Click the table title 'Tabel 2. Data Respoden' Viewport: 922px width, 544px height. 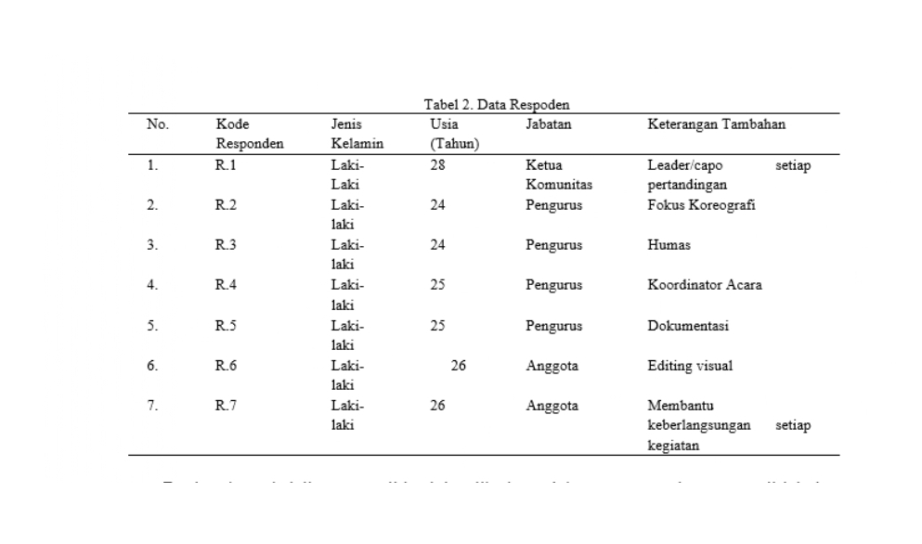point(496,106)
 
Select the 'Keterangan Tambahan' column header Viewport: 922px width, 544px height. point(716,124)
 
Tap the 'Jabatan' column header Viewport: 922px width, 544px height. point(548,124)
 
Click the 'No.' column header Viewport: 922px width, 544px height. point(157,124)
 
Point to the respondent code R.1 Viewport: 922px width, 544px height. point(226,165)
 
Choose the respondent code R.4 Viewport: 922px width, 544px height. point(226,285)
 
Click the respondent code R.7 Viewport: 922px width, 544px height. point(226,406)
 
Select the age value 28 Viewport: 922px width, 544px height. point(437,165)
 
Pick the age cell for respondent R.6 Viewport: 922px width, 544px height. point(458,366)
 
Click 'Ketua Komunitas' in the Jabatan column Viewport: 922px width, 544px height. point(558,175)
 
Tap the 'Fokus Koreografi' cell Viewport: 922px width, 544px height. point(701,205)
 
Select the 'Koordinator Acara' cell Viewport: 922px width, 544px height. point(705,285)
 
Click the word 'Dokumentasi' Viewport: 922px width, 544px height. point(688,326)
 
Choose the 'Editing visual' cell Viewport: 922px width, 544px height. point(690,366)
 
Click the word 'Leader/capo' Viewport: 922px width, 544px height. point(685,165)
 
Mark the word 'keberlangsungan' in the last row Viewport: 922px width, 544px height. point(698,426)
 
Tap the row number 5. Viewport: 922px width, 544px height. point(152,326)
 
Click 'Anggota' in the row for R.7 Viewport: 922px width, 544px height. point(552,406)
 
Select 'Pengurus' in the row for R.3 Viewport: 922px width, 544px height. point(553,245)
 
